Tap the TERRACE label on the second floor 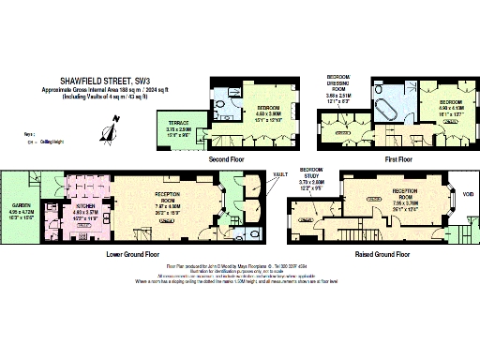pos(179,122)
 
